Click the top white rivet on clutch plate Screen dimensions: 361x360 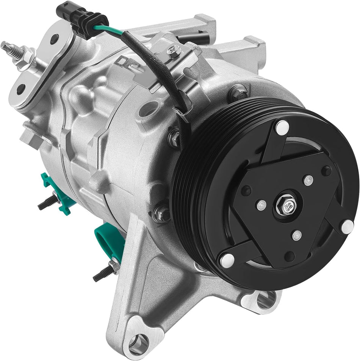[282, 127]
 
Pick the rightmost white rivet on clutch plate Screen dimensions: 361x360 [347, 226]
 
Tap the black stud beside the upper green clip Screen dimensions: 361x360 [45, 205]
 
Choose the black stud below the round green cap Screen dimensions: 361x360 [102, 274]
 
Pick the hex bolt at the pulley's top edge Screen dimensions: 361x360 [239, 91]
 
